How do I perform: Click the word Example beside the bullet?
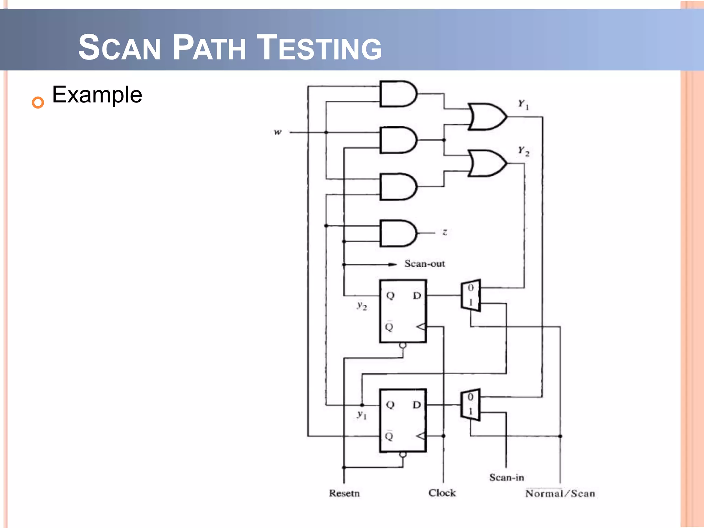(x=97, y=95)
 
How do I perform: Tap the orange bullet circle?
(x=38, y=102)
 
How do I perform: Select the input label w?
(x=277, y=132)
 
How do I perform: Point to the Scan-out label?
(x=425, y=264)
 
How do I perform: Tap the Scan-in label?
(x=506, y=477)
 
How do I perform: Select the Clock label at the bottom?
(x=442, y=493)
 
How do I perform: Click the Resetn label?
(x=344, y=493)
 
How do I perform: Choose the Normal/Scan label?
(x=560, y=494)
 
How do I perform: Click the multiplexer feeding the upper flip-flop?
(x=471, y=295)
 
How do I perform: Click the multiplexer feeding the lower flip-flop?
(x=470, y=405)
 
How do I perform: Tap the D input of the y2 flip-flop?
(x=417, y=296)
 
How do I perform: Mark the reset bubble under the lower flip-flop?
(x=403, y=455)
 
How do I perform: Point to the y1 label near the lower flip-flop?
(x=362, y=415)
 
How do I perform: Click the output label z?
(x=444, y=232)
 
